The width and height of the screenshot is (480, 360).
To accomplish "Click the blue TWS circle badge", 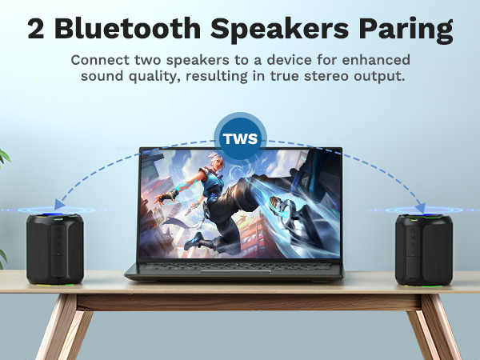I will click(241, 138).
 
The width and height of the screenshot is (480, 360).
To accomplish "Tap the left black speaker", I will click(54, 249).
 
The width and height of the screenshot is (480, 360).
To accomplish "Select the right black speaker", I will click(424, 249).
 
